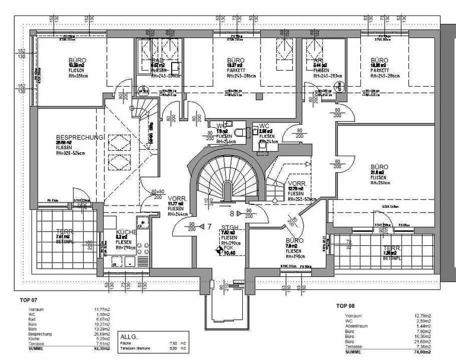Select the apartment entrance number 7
click(x=210, y=226)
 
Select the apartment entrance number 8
click(x=232, y=211)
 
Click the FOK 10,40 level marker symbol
click(x=218, y=252)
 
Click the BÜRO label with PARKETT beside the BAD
click(x=236, y=61)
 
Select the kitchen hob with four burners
click(x=143, y=224)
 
